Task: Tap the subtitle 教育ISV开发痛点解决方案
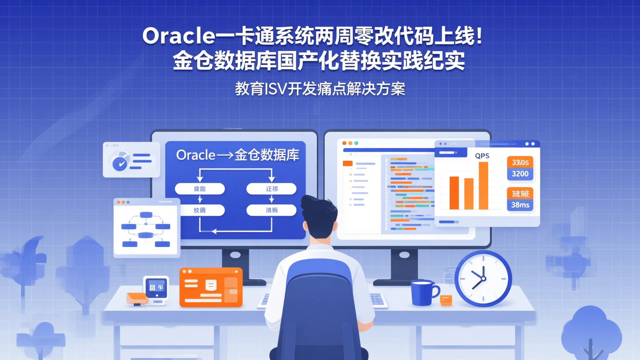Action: [320, 89]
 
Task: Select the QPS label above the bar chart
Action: [482, 156]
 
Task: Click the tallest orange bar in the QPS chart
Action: [483, 185]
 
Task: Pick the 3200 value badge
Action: [520, 174]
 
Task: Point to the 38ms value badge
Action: [520, 205]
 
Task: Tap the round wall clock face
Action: [483, 279]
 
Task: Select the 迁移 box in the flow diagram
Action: [272, 189]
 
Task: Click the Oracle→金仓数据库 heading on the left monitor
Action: [238, 155]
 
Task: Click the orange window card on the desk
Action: [211, 287]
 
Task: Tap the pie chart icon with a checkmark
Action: [120, 160]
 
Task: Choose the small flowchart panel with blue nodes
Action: [147, 228]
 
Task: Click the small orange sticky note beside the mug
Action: [446, 300]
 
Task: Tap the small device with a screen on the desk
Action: [156, 289]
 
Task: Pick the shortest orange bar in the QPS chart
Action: [468, 193]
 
